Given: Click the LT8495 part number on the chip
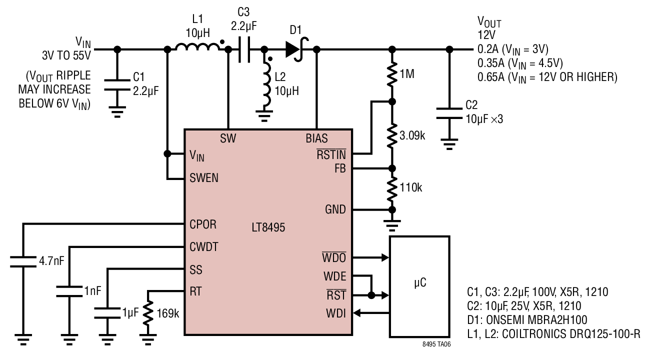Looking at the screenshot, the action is click(x=268, y=227).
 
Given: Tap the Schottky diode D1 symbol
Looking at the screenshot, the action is click(x=296, y=49).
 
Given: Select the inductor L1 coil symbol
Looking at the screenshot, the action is click(x=198, y=47).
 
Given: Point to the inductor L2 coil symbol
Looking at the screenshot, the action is click(x=267, y=84).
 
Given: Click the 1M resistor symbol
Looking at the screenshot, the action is click(x=392, y=74).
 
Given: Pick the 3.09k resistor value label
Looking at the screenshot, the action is click(x=412, y=135).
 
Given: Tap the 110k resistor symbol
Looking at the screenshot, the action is click(x=392, y=188).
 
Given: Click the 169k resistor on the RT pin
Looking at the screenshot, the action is click(x=148, y=312).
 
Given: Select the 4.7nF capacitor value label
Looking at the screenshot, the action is click(x=51, y=261).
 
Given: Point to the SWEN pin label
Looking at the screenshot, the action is click(x=204, y=178).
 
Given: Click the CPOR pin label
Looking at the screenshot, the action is click(x=203, y=224).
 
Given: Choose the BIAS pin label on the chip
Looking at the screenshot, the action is click(x=317, y=138).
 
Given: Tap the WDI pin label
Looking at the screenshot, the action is click(x=336, y=313).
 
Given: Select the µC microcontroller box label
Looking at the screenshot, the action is click(x=420, y=282).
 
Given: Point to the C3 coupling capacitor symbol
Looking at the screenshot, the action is click(x=244, y=49).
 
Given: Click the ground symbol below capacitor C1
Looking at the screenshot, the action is click(x=117, y=112).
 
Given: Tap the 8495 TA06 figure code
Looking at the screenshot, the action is click(x=436, y=344).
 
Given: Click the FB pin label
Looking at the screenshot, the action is click(x=340, y=168).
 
